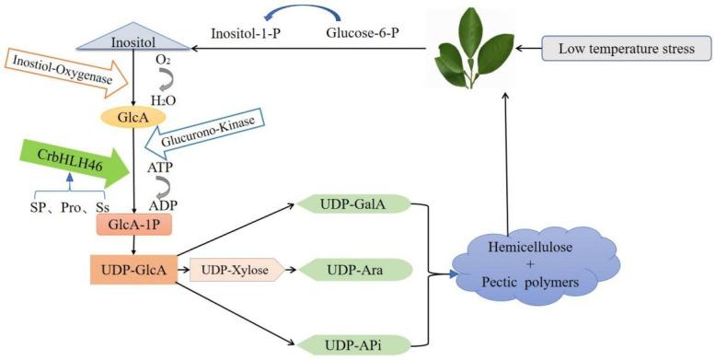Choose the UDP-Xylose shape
[x=234, y=271]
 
